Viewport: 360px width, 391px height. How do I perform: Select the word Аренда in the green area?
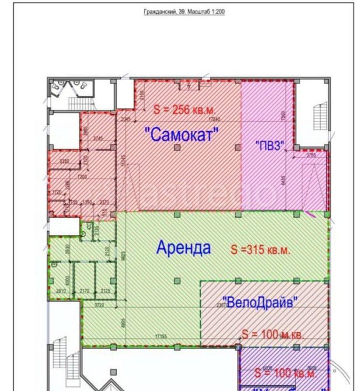(x=183, y=247)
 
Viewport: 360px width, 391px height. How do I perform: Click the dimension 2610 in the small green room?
(x=61, y=291)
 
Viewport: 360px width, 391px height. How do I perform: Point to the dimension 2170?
(x=84, y=291)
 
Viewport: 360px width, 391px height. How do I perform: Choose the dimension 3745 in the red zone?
(x=97, y=138)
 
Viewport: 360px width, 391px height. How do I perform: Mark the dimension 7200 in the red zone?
(x=82, y=176)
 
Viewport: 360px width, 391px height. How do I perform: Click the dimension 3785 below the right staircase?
(x=310, y=155)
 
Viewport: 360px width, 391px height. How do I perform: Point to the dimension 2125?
(x=106, y=291)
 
